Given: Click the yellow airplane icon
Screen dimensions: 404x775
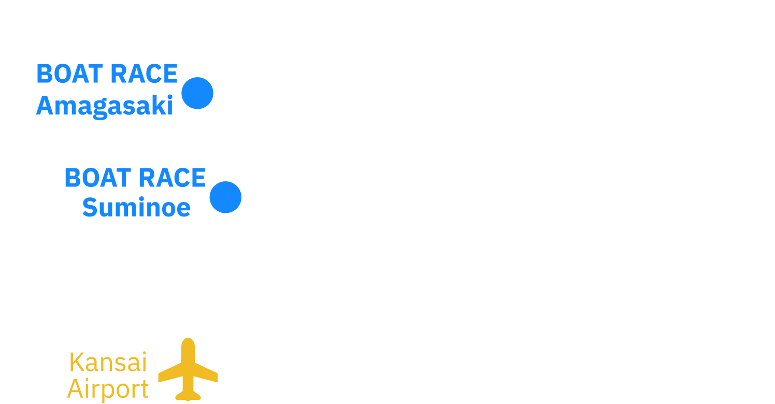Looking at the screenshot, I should (x=188, y=369).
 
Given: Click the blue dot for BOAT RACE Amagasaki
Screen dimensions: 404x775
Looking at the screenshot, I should (x=197, y=93).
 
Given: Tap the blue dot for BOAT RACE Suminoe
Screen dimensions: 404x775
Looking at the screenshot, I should (x=225, y=197).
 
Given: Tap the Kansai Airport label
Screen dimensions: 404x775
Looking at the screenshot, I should (x=108, y=376).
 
